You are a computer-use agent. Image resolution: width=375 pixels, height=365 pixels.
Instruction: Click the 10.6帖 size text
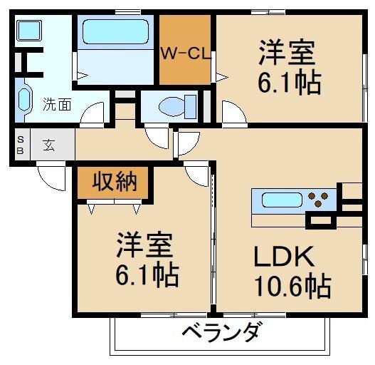(292, 287)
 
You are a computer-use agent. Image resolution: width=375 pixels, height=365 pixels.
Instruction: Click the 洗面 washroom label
(56, 104)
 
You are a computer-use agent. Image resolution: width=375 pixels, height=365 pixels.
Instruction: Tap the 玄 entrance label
(49, 145)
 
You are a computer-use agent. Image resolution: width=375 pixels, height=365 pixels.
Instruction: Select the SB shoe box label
(21, 146)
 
